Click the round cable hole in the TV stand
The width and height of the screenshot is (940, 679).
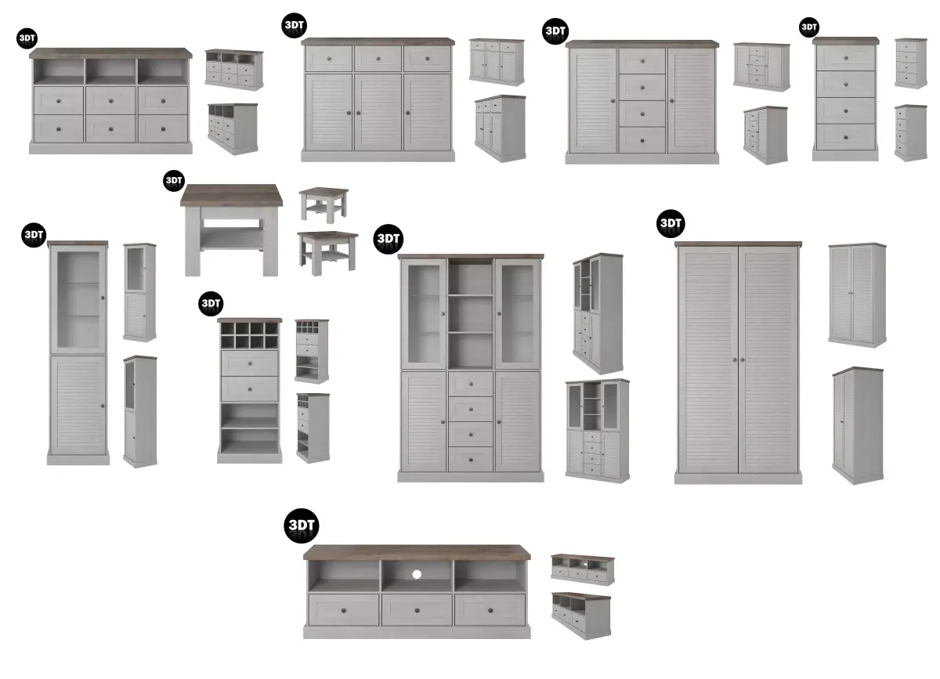(417, 574)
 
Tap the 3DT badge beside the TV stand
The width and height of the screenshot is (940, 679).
(301, 525)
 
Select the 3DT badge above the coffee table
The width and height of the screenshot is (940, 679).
(173, 181)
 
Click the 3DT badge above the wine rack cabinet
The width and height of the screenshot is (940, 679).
(211, 303)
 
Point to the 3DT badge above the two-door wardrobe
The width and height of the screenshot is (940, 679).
(671, 223)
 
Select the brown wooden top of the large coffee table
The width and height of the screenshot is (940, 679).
(231, 194)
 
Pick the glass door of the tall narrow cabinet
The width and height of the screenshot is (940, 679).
(78, 299)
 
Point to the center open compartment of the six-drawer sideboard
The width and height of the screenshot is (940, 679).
(110, 72)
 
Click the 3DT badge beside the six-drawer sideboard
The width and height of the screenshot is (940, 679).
(27, 38)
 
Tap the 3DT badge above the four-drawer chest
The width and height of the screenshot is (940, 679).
(808, 27)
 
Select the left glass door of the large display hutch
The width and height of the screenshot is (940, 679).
(423, 313)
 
